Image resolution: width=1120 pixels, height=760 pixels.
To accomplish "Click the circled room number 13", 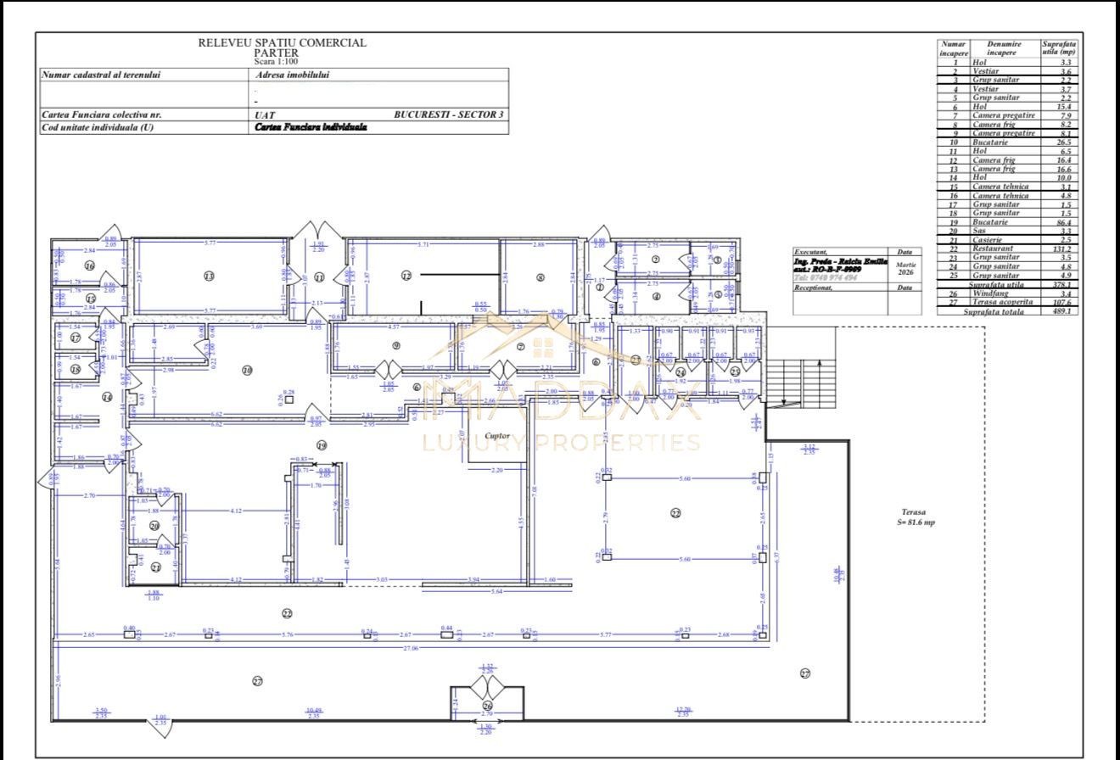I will (x=208, y=276).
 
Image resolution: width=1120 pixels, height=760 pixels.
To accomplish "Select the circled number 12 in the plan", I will (x=406, y=276).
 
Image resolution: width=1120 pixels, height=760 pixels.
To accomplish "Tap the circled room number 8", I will (x=540, y=277).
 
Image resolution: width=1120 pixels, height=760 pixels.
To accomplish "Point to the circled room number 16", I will (x=89, y=266).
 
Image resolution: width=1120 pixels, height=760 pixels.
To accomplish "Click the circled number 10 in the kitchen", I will (x=247, y=370).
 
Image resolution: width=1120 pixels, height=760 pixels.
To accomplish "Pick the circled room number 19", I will (x=322, y=445).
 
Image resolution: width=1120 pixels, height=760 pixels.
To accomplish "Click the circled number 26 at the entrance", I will (x=487, y=706).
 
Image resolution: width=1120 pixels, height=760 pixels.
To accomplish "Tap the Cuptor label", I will (x=497, y=436).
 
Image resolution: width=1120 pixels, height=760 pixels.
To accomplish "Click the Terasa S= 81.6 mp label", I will (x=918, y=517).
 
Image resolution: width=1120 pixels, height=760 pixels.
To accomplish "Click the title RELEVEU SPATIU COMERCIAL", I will (x=283, y=42).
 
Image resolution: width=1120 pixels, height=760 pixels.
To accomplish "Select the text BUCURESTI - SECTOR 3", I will (x=450, y=115).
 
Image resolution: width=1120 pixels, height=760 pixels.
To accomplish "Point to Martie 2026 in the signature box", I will (x=905, y=269).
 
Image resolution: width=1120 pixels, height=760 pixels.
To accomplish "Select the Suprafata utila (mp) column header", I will (x=1060, y=47).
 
